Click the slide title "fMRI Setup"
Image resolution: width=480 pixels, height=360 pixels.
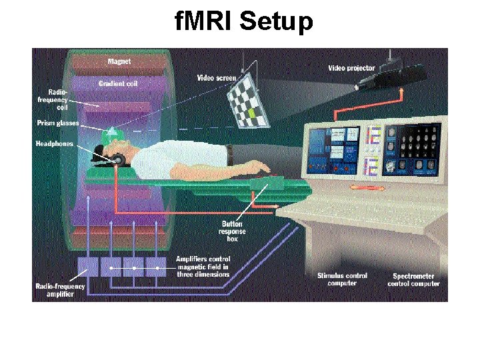tap(243, 23)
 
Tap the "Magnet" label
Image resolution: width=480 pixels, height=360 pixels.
tap(119, 62)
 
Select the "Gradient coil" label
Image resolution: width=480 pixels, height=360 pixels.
tap(118, 84)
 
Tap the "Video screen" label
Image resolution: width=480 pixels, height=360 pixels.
tap(217, 78)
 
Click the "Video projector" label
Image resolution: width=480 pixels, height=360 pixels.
tap(351, 67)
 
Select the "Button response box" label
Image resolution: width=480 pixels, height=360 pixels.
tap(232, 231)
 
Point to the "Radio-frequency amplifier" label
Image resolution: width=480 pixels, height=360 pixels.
tap(61, 290)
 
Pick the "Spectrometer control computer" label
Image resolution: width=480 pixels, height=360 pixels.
tap(413, 279)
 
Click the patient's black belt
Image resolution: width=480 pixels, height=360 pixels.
tap(229, 154)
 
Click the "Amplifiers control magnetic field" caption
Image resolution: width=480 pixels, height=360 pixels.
tap(203, 266)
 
